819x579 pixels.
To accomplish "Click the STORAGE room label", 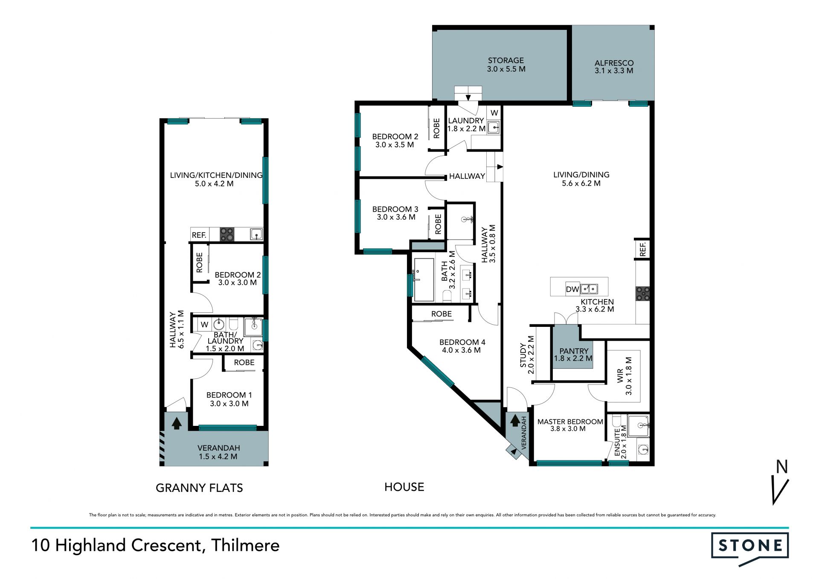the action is [506, 61].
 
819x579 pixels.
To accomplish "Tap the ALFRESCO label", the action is [614, 63].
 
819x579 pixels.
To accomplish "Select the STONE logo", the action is [750, 549].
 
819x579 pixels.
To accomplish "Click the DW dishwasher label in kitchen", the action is [572, 289].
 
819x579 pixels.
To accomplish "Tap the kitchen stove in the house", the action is [643, 294].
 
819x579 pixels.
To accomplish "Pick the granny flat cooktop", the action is [227, 234].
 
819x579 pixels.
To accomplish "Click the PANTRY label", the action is [574, 351].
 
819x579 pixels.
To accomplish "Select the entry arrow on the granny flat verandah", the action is [177, 423].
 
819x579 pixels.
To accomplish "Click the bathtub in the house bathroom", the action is [424, 279].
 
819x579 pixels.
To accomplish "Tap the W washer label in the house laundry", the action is [494, 113].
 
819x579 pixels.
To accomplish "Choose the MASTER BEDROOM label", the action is [570, 422].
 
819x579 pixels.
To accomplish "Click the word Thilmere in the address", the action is [245, 545].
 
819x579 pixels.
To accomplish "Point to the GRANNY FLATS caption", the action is [199, 488].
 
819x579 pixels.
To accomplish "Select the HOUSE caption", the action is [404, 487].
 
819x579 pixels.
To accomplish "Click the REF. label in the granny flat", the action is [199, 235].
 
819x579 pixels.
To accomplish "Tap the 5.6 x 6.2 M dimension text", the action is [581, 183].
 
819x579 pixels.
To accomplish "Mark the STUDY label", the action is [523, 355].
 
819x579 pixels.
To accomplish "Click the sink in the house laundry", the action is [494, 127].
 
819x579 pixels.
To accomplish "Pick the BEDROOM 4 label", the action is [462, 342].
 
